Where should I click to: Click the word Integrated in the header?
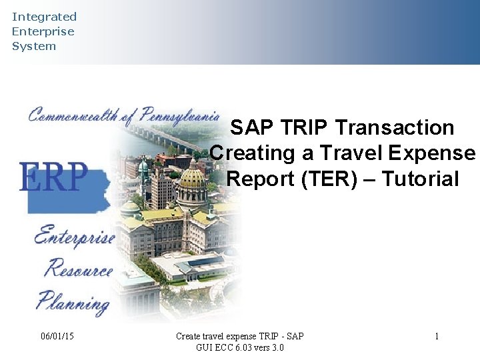44,17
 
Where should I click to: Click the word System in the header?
34,46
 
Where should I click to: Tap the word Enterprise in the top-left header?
43,31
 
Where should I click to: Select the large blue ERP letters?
53,177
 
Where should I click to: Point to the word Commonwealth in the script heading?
73,115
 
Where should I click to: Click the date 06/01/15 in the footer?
57,337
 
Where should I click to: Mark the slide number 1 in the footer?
437,337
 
